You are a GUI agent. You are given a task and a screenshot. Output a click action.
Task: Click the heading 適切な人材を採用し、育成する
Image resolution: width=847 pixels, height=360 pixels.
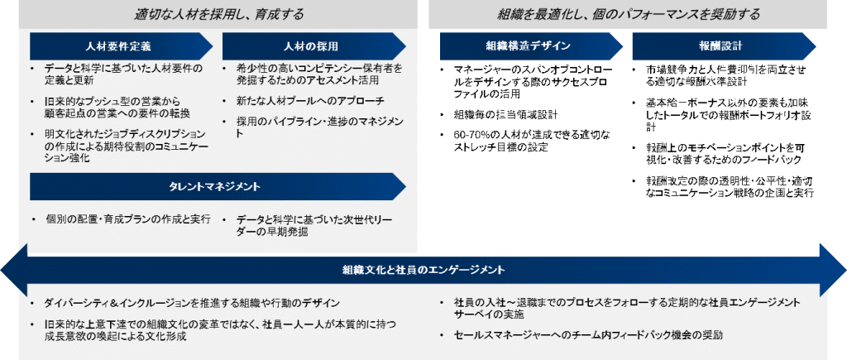coord(218,14)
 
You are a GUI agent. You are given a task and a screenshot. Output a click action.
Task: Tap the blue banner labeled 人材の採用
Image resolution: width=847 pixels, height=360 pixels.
coord(313,46)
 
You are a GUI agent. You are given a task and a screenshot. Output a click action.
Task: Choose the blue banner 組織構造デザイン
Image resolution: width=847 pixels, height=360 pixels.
coord(528,46)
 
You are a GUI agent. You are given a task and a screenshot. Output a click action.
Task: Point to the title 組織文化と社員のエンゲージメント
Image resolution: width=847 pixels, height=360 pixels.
coord(423,270)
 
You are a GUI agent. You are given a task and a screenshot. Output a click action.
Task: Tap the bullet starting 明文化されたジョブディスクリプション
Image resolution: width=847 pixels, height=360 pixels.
coord(120,145)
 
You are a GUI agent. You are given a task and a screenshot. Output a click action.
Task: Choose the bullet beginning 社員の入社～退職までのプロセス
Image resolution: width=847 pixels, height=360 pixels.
coord(625,309)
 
